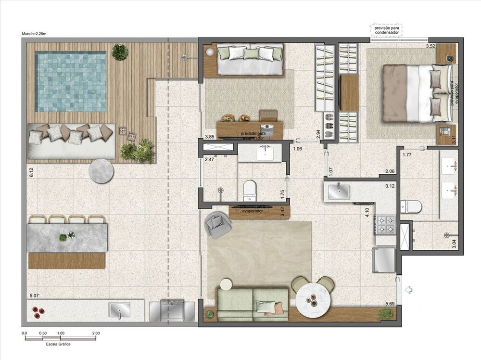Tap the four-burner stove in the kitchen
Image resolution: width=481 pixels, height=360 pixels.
(385, 225)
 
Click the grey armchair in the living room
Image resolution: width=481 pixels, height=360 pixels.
(218, 225)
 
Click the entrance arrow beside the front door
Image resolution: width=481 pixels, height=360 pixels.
(409, 290)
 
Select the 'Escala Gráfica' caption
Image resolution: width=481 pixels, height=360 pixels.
(58, 345)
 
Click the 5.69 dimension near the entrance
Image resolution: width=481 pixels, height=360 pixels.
(390, 304)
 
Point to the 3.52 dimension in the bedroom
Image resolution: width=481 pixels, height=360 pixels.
(430, 46)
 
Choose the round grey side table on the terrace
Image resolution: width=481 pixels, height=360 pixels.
(101, 171)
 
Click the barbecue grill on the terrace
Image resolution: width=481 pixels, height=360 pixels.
(171, 310)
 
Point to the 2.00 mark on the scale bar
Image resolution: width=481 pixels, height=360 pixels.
(96, 333)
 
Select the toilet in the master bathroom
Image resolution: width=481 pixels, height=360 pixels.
(411, 206)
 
